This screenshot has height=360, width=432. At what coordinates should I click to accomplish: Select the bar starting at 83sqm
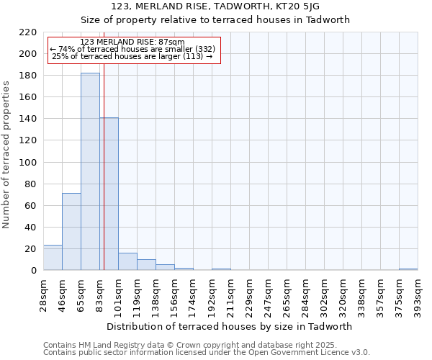pos(109,194)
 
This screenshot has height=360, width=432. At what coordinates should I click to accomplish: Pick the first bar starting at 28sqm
pos(53,258)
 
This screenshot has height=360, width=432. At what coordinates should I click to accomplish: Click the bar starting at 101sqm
pos(127,262)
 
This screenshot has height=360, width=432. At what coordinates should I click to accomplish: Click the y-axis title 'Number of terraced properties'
pos(6,154)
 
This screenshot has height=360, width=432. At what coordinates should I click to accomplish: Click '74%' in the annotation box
pos(66,49)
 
